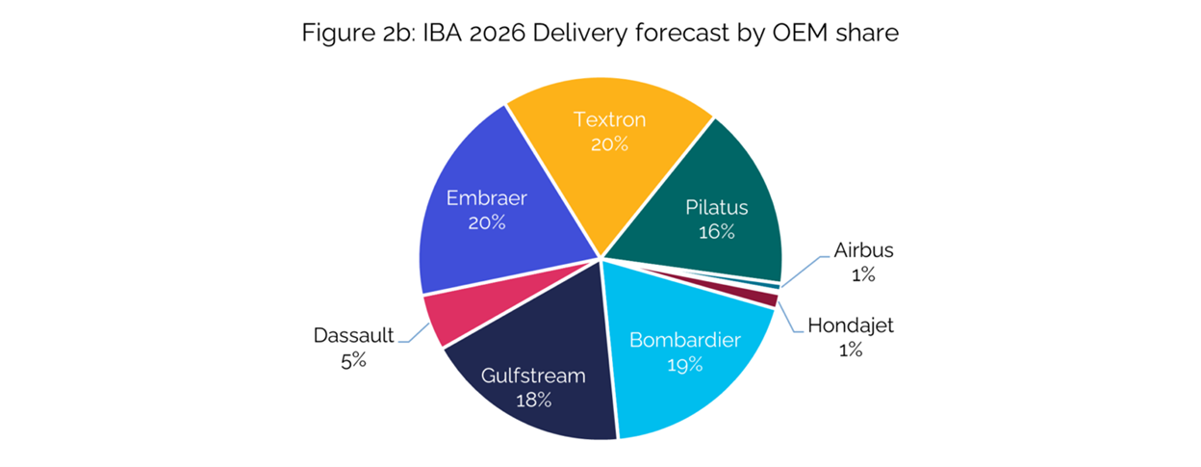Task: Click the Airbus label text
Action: tap(862, 250)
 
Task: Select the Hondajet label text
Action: tap(849, 325)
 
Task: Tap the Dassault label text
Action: tap(353, 336)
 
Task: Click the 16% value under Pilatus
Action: tap(717, 232)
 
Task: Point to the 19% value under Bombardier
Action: tap(685, 365)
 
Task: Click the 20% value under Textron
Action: tap(609, 144)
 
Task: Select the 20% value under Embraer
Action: tap(487, 222)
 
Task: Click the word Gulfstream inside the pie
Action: tap(532, 376)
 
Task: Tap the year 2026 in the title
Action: tap(491, 34)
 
